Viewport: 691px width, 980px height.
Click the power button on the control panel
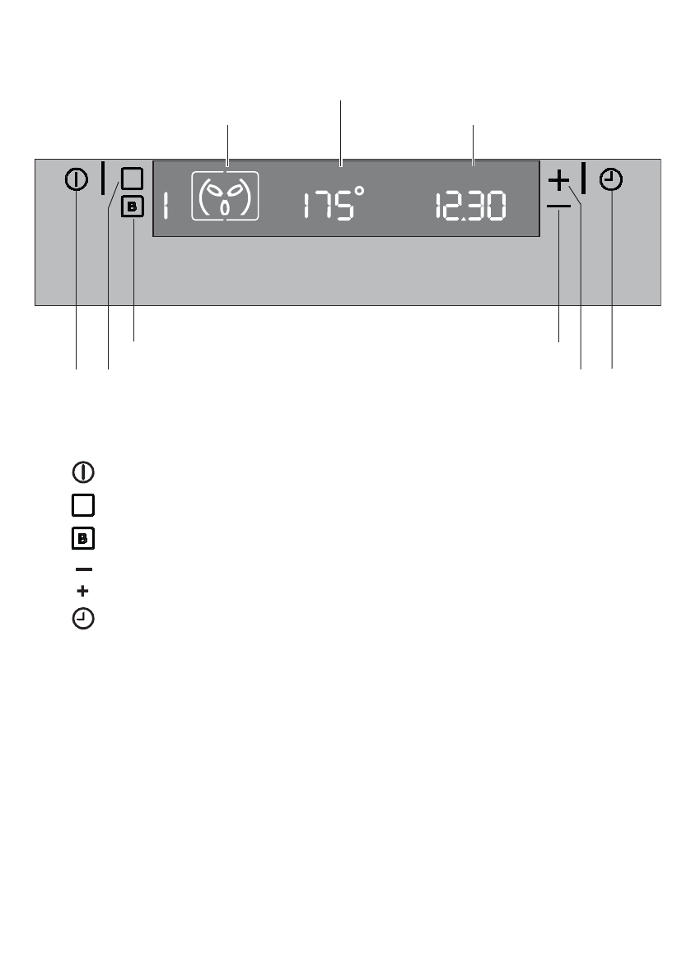click(77, 180)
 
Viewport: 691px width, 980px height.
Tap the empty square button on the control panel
click(132, 179)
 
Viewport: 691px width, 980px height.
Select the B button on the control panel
click(132, 207)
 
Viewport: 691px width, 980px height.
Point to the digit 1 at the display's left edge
click(166, 206)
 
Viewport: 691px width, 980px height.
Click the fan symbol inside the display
click(225, 197)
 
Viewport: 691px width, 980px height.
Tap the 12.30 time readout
click(470, 207)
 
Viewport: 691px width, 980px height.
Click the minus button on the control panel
click(558, 207)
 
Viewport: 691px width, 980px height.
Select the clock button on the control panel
click(611, 180)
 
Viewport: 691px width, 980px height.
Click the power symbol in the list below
click(83, 472)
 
